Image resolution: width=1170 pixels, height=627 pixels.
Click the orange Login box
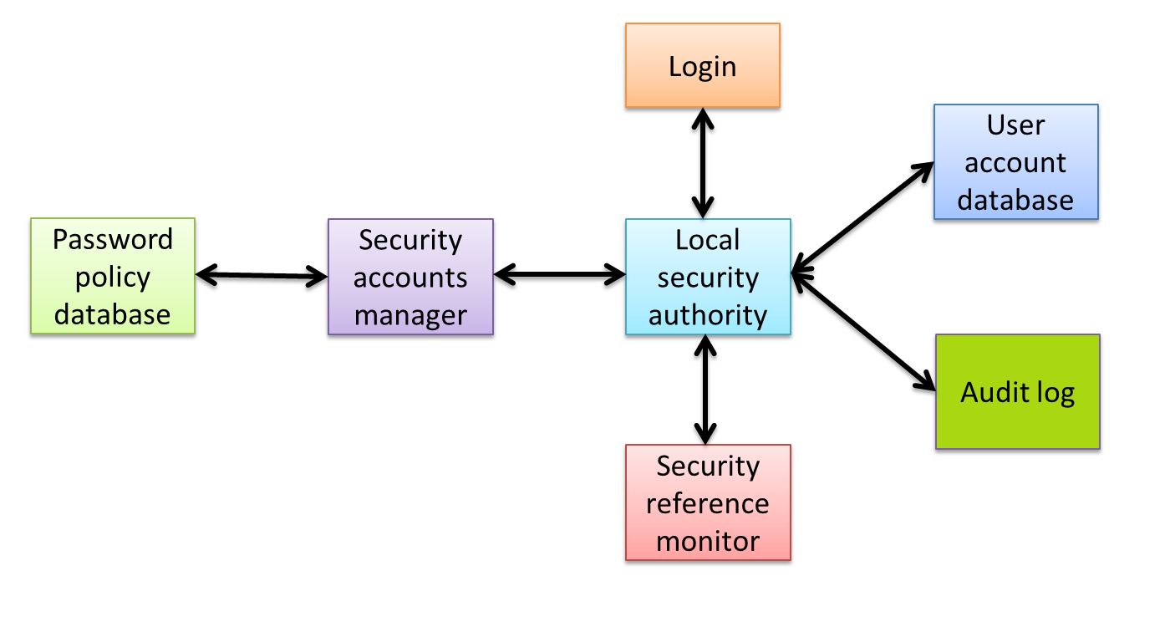tap(702, 66)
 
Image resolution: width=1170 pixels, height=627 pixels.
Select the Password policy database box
tap(113, 277)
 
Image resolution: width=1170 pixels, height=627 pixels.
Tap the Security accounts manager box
tap(410, 277)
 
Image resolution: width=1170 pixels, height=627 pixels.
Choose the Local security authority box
tap(708, 277)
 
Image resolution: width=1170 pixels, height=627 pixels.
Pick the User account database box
tap(1015, 162)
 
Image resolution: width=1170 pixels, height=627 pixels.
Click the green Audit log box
tap(1017, 392)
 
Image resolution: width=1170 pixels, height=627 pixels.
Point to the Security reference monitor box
tap(708, 502)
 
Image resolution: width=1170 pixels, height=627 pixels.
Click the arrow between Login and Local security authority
tap(703, 163)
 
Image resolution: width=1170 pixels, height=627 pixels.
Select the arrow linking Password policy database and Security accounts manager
tap(262, 274)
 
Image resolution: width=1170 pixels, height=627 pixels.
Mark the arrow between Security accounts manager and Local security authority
tap(559, 273)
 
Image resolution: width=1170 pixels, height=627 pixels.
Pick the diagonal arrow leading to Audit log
tap(862, 331)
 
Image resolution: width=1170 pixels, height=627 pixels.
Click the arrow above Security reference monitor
tap(706, 389)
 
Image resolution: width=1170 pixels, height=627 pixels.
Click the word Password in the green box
tap(113, 240)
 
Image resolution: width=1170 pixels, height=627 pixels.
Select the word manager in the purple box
tap(410, 315)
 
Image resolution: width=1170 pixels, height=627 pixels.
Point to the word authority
tap(708, 315)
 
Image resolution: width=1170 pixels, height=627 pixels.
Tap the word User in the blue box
tap(1015, 125)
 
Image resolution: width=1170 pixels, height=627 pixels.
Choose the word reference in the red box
tap(708, 503)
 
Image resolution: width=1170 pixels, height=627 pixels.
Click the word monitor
tap(708, 541)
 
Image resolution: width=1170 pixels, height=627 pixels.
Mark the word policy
tap(113, 278)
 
